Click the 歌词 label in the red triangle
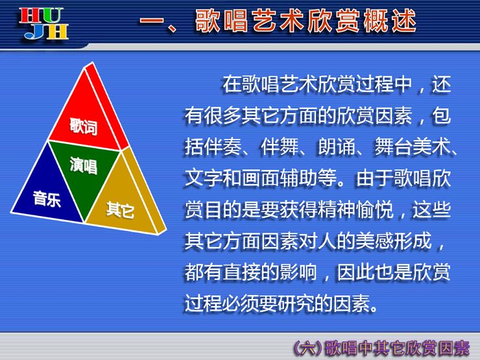pyautogui.click(x=84, y=126)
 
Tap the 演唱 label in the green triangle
pyautogui.click(x=84, y=165)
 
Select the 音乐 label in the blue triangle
pyautogui.click(x=47, y=198)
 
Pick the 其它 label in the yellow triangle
pyautogui.click(x=120, y=210)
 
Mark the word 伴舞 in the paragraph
pyautogui.click(x=280, y=147)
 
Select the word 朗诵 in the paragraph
pyautogui.click(x=337, y=147)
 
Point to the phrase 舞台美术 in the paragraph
pyautogui.click(x=413, y=147)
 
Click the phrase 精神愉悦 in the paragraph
pyautogui.click(x=355, y=210)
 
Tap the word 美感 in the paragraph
pyautogui.click(x=374, y=241)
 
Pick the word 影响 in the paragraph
pyautogui.click(x=298, y=272)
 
